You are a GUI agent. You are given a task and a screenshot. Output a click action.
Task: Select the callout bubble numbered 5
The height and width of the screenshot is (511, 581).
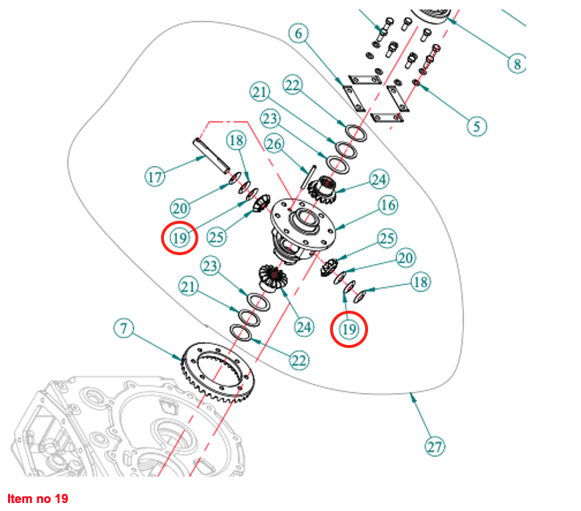coord(477,126)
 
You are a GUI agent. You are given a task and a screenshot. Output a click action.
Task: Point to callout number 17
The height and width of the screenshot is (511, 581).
coord(154,176)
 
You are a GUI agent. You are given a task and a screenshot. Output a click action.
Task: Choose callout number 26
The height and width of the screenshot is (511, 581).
coord(274,143)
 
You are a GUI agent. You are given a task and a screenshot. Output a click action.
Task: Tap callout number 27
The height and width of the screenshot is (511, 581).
coord(435,446)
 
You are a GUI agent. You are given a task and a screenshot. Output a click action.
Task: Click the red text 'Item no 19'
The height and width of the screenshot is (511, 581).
coord(37,499)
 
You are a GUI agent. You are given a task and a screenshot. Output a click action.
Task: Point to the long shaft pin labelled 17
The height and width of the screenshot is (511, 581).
coord(211,155)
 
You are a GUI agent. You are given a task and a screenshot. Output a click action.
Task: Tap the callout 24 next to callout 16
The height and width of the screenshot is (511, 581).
coord(380,179)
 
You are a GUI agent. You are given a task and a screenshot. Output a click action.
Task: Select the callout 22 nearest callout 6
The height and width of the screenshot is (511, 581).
coord(292,86)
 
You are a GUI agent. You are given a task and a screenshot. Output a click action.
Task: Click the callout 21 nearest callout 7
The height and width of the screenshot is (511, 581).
coord(190,289)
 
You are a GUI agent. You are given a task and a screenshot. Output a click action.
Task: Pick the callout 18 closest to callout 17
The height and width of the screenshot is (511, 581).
coord(236,140)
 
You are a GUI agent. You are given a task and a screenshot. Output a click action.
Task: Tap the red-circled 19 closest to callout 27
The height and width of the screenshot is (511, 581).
coord(349,330)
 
